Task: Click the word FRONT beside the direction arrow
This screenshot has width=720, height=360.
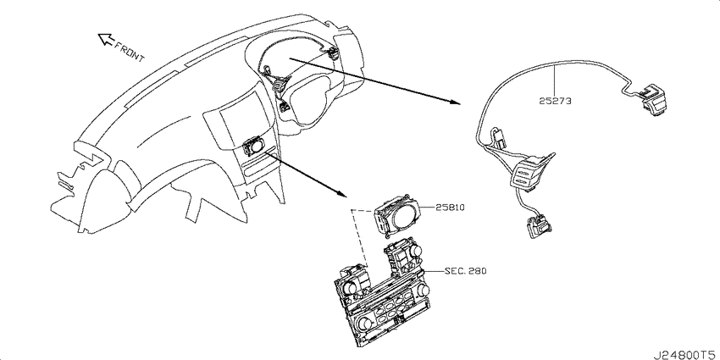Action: coord(130,51)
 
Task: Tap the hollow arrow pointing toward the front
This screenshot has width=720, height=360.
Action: coord(107,40)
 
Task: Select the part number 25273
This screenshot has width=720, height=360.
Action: coord(555,102)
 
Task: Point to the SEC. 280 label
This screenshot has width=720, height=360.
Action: coord(465,271)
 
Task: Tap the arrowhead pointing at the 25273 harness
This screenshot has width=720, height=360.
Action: coord(455,102)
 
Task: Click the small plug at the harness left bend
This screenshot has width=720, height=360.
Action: coord(497,135)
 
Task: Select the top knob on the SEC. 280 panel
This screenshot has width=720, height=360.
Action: coord(416,251)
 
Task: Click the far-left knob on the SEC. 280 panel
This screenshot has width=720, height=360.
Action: coord(350,287)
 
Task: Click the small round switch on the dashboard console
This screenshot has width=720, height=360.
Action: coord(254,147)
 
